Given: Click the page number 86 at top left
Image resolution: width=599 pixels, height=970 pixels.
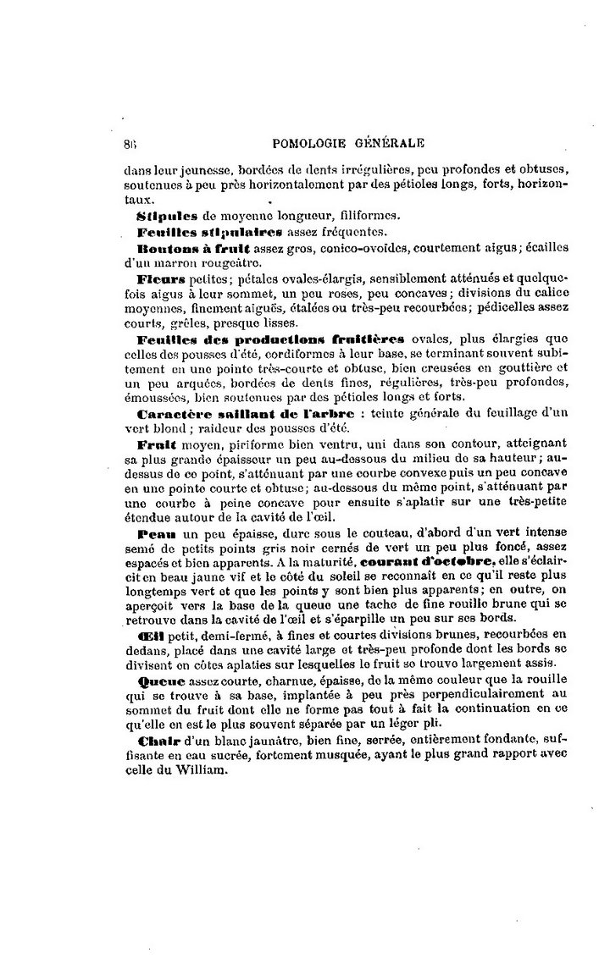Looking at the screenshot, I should [130, 144].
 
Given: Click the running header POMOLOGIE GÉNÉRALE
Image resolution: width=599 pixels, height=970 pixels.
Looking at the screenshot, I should [351, 144].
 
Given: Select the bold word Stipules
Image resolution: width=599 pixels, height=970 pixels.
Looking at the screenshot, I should [167, 216].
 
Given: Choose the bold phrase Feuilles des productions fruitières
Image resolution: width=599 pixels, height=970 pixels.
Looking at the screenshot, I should [270, 339].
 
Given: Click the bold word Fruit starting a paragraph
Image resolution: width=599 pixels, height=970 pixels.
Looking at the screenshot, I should [155, 444].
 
